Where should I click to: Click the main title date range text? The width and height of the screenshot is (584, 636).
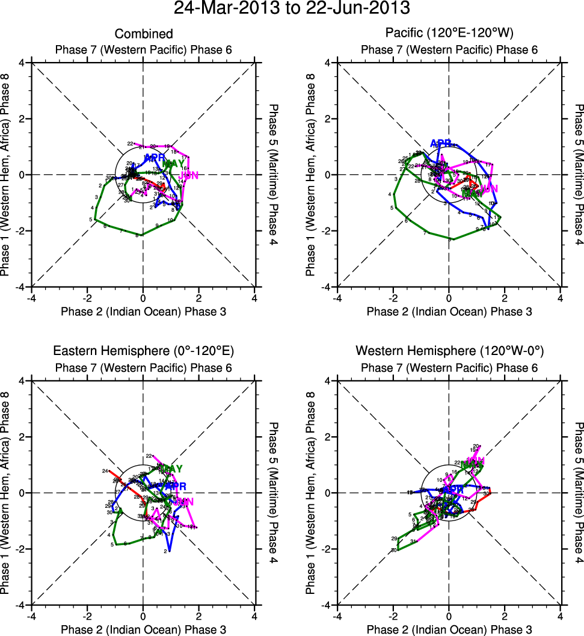[292, 8]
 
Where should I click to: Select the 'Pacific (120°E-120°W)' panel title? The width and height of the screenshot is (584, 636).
[449, 33]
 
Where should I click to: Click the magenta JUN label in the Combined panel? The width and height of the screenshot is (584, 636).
[189, 175]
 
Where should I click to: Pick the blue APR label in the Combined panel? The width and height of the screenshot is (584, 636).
[155, 158]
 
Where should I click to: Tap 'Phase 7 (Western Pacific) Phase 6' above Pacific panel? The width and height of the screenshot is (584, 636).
[449, 49]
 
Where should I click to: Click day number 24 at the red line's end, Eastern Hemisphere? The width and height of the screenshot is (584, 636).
[105, 471]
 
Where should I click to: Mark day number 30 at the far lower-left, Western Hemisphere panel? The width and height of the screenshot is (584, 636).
[393, 551]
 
